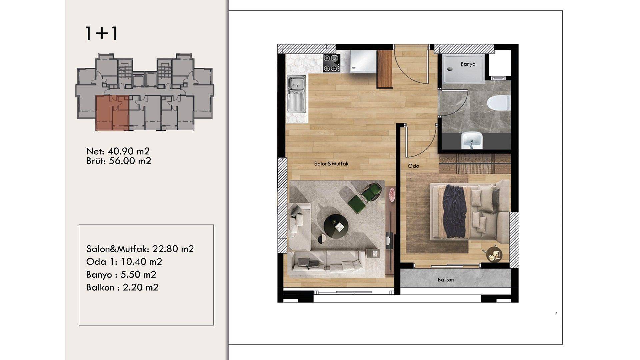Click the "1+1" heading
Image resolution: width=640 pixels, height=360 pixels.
tap(101, 34)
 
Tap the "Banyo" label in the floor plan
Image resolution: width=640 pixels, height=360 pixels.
tap(468, 64)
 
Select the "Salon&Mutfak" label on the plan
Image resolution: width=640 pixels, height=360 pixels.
tap(331, 164)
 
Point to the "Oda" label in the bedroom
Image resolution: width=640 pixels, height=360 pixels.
tap(414, 166)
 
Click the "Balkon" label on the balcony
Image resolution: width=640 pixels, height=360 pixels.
tap(446, 280)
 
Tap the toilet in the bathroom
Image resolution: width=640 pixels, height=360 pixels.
tap(498, 103)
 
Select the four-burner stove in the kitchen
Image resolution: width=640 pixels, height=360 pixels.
tap(331, 63)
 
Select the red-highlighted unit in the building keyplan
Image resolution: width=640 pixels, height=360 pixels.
tap(112, 113)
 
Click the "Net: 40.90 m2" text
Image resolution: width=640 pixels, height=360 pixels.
tap(118, 151)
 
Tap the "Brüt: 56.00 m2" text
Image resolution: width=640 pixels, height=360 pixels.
tap(119, 161)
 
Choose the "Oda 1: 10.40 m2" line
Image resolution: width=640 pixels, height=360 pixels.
tap(124, 262)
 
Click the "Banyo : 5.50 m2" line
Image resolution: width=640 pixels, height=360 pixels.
tap(121, 275)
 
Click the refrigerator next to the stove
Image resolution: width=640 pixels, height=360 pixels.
tap(363, 62)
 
